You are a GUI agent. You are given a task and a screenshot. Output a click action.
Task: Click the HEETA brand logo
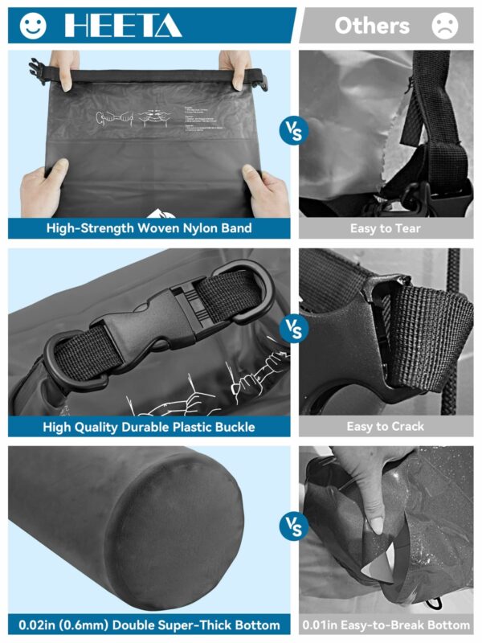click(x=123, y=26)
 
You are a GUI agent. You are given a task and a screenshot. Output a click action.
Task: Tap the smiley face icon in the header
click(x=31, y=25)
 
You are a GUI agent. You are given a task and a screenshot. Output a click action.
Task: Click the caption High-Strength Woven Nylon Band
click(x=149, y=228)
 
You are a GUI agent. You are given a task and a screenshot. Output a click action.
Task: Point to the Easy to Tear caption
click(x=386, y=228)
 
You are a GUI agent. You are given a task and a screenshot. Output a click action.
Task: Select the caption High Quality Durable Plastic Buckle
click(x=149, y=427)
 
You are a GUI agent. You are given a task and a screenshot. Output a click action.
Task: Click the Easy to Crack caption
click(x=386, y=427)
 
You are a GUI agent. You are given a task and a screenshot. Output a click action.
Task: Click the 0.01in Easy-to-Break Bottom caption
click(x=386, y=625)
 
